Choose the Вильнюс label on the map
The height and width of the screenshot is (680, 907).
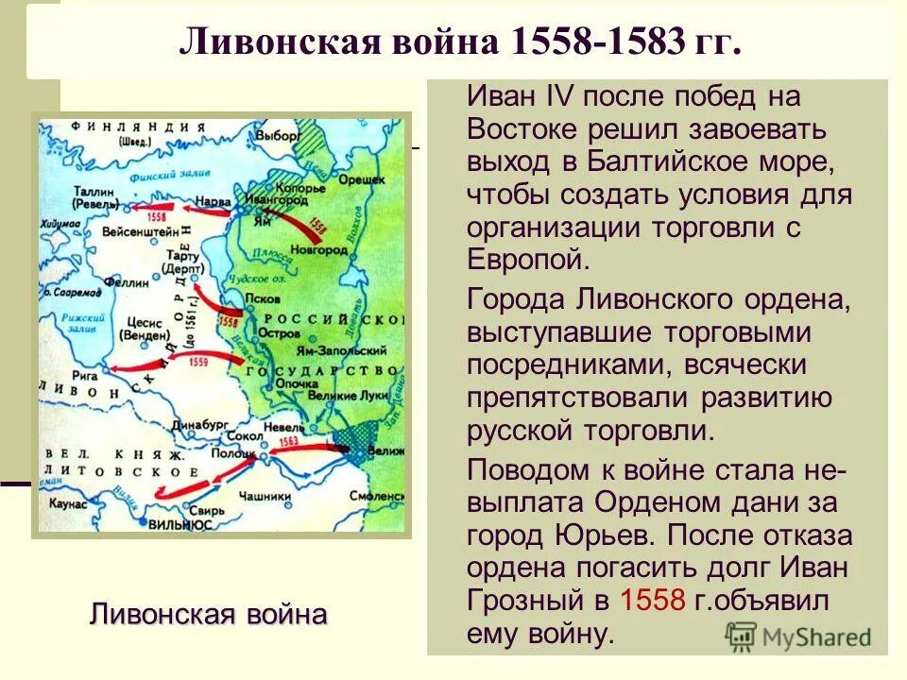[x=175, y=521]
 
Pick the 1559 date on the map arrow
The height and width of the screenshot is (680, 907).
[x=201, y=361]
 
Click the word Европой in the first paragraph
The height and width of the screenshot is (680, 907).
[x=526, y=258]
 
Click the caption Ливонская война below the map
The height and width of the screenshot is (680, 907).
[x=208, y=615]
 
